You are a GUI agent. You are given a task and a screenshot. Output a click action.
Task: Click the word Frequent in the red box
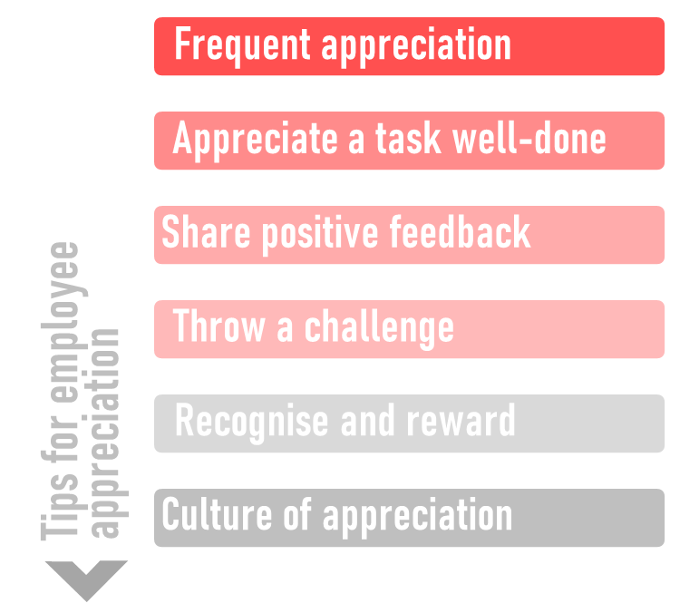point(242,44)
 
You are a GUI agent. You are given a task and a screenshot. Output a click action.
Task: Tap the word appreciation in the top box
point(416,47)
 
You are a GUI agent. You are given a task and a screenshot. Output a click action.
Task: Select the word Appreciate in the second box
point(255,140)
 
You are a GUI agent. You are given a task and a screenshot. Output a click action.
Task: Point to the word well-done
point(529,138)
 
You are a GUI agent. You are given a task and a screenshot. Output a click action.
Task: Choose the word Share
point(206,231)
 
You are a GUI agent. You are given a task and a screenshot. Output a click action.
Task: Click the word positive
point(320,235)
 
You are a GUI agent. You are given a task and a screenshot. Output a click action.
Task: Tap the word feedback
point(460,231)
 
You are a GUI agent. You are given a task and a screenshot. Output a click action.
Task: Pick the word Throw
point(218,326)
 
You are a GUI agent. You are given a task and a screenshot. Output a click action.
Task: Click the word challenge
point(379,328)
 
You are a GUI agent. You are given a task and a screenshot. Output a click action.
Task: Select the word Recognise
point(251,422)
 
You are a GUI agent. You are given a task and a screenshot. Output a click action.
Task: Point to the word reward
point(461,420)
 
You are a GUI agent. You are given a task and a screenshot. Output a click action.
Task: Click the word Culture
point(217,514)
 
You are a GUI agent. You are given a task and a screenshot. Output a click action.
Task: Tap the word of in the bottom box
point(297,514)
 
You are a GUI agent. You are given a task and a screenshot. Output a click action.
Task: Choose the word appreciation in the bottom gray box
point(417,517)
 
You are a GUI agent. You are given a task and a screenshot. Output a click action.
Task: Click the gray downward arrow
point(86,580)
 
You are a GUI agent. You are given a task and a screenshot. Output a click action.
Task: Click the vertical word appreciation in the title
point(105,433)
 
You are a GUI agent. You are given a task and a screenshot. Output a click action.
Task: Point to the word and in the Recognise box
point(367,420)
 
